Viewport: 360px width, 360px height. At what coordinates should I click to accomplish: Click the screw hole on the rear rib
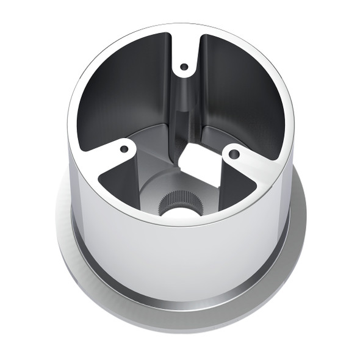tap(184, 66)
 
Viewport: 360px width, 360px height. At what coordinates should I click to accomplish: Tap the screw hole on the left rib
tap(124, 149)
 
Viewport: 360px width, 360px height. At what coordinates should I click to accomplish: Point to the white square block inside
tap(200, 164)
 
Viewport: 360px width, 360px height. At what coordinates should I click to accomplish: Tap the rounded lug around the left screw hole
tap(119, 153)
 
